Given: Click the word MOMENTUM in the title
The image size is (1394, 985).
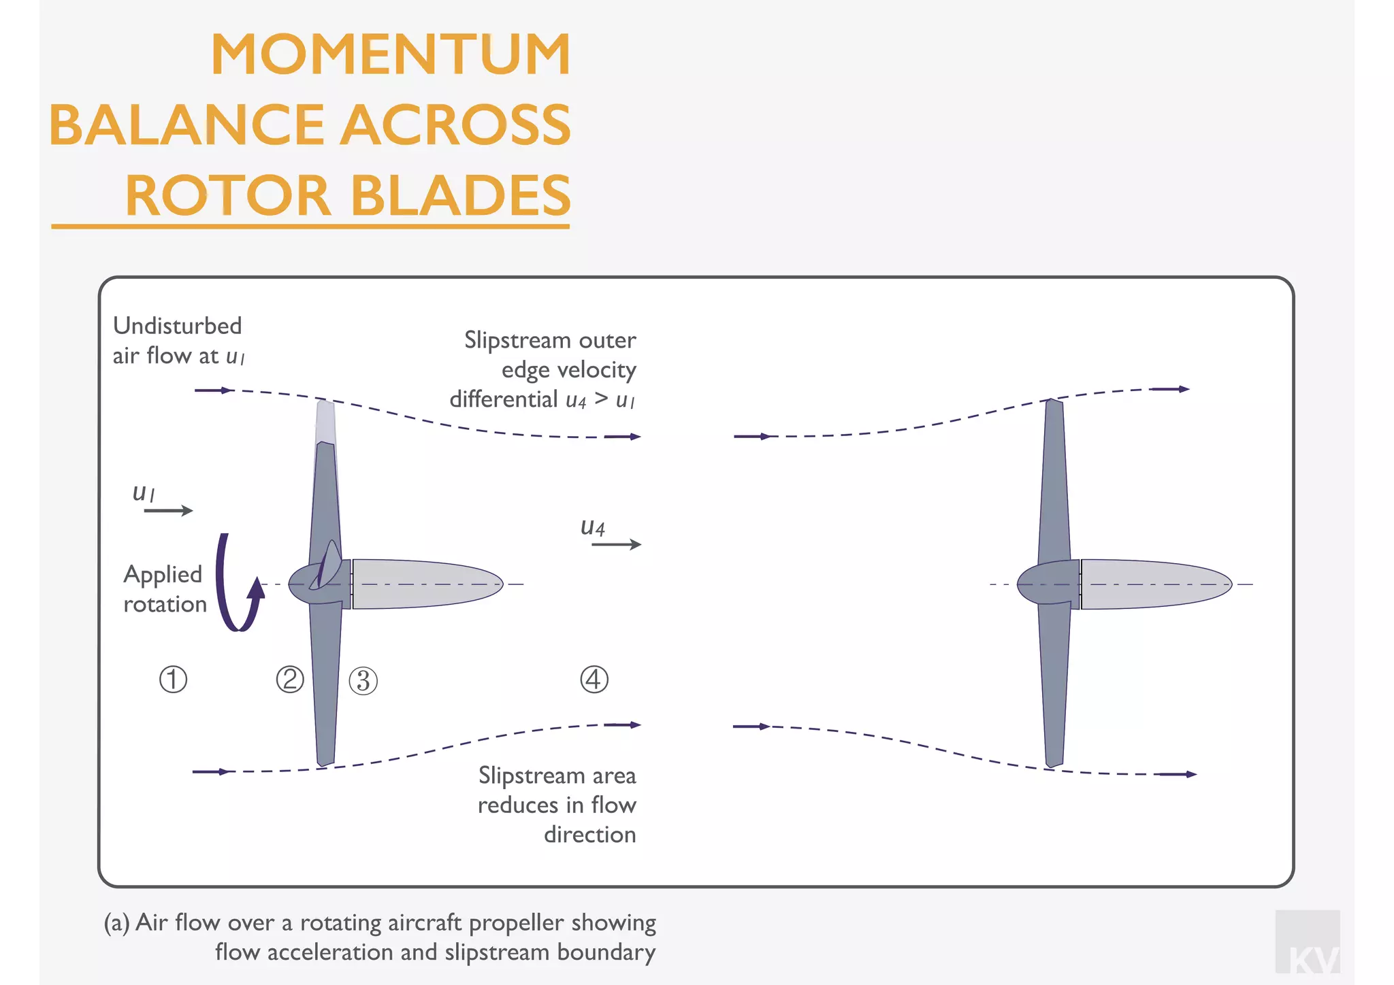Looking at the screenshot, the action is click(391, 54).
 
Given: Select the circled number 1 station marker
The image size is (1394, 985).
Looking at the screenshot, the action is click(173, 680).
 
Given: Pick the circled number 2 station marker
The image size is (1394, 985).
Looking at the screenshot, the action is click(290, 680).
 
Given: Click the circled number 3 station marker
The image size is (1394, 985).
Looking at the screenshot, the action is click(363, 681).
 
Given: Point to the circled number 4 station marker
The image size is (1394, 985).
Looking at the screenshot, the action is click(594, 680).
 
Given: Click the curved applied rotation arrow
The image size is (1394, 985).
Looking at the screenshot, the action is click(235, 585).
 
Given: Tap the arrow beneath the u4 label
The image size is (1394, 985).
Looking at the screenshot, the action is click(616, 544).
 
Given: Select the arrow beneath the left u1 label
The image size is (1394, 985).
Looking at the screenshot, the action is click(168, 510).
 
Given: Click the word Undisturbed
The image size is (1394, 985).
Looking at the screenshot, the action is click(177, 326).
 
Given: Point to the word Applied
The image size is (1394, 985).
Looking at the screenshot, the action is click(163, 575).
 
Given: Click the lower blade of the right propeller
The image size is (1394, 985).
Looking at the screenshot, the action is click(1054, 687).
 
